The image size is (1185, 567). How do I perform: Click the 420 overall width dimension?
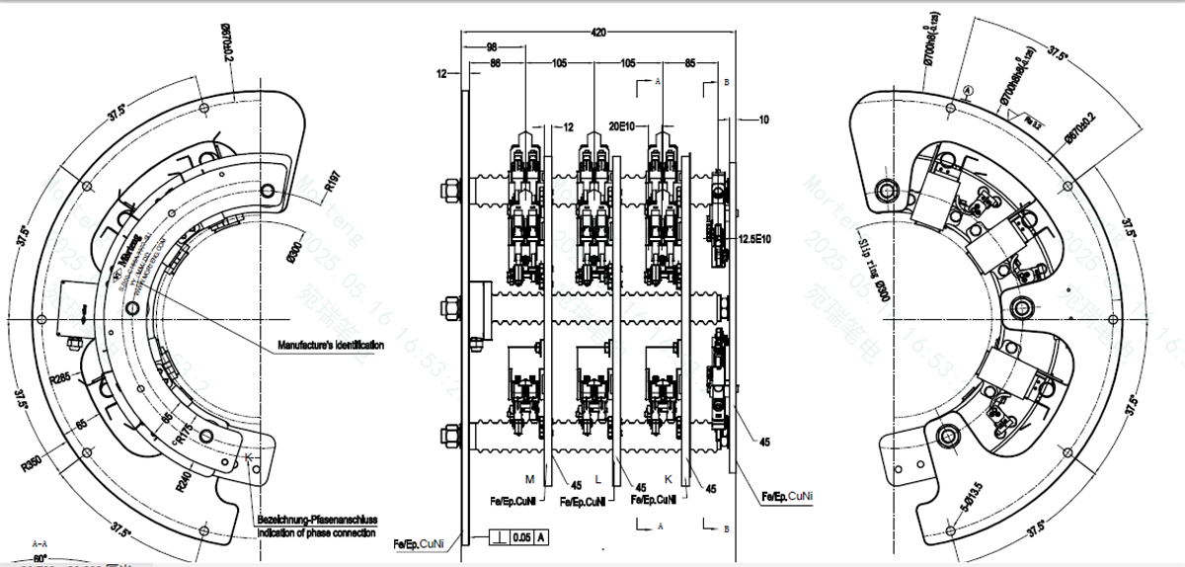point(597,33)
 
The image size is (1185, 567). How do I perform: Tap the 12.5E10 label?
point(754,238)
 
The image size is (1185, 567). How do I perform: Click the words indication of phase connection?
point(316,533)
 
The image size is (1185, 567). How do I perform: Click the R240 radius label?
point(186,482)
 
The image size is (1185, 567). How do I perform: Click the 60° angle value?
point(40,559)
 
